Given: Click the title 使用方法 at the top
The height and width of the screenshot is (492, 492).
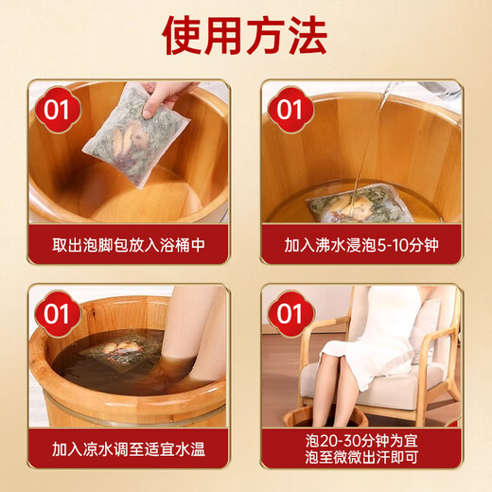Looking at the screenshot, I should [x=245, y=36].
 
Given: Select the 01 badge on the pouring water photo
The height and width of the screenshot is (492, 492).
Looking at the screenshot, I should [x=291, y=111].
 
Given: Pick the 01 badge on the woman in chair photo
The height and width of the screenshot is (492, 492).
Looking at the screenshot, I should [x=291, y=313].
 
